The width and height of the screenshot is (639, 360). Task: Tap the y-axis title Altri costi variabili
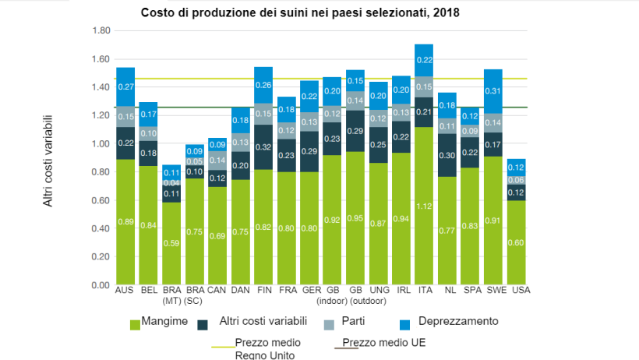tap(48, 164)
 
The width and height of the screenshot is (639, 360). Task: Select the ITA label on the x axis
tap(424, 291)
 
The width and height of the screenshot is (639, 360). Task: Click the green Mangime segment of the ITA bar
tap(424, 206)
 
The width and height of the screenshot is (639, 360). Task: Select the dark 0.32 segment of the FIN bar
tap(263, 146)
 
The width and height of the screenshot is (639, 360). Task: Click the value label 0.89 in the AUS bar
tap(125, 222)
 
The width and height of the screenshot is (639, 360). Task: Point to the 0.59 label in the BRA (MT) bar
tap(171, 243)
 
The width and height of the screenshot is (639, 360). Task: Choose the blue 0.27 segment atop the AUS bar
tap(125, 86)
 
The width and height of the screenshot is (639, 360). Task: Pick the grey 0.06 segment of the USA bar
tap(516, 180)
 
